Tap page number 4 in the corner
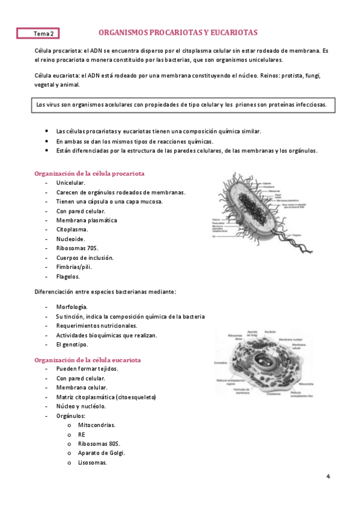(x=328, y=477)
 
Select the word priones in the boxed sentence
(x=249, y=105)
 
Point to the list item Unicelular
(x=70, y=183)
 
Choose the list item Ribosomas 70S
(x=76, y=248)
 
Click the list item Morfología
(x=72, y=307)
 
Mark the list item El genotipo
(x=72, y=345)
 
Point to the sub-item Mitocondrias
(x=97, y=425)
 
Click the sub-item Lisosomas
(x=93, y=462)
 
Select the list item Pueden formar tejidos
(x=87, y=369)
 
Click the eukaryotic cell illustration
(x=263, y=364)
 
